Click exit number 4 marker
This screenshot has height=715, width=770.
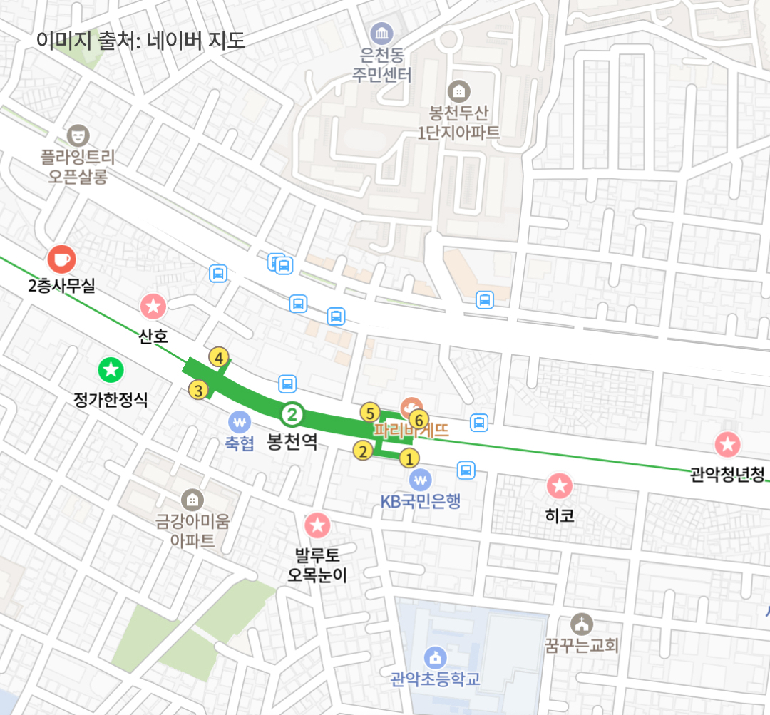tap(220, 357)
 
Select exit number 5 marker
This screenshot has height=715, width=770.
tap(369, 412)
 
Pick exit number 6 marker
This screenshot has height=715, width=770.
tap(419, 419)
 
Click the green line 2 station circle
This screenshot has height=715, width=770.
tap(291, 413)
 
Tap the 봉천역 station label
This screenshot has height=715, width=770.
tap(292, 442)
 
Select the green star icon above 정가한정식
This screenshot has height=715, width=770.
tap(111, 369)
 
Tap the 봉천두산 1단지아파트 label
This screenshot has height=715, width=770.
tap(458, 123)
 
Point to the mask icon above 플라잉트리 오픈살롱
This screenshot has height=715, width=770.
tap(77, 133)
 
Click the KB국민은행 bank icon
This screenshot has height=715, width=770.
tap(421, 478)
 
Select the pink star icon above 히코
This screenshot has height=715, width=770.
tap(559, 487)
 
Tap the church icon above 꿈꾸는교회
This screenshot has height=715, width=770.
tap(582, 623)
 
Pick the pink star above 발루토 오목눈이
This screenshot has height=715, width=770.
tap(317, 526)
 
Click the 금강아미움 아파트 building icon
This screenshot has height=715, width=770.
tap(192, 499)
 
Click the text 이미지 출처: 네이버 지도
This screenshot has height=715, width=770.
tap(140, 40)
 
